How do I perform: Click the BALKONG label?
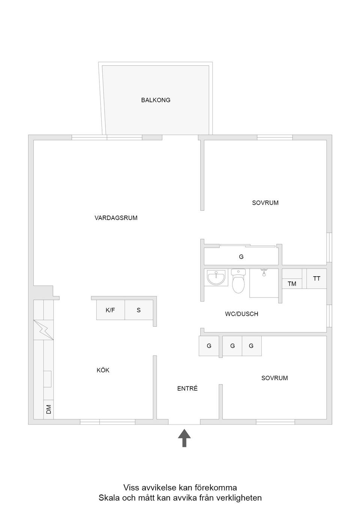(x=156, y=100)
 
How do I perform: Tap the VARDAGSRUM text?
(x=116, y=218)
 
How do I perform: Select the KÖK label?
(x=103, y=370)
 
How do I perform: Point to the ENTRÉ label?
(x=187, y=389)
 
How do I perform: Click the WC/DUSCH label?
(x=241, y=314)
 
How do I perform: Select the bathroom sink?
(x=216, y=278)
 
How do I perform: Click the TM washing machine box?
(x=292, y=284)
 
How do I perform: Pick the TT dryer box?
(x=316, y=278)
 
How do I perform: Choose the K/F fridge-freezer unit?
(x=110, y=310)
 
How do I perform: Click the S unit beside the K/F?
(x=139, y=310)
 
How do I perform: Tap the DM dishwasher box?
(x=48, y=410)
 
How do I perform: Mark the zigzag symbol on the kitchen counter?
(x=43, y=330)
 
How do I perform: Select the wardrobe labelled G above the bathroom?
(x=241, y=257)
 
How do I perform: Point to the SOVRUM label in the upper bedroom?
(x=265, y=203)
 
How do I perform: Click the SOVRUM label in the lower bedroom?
(x=274, y=378)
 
